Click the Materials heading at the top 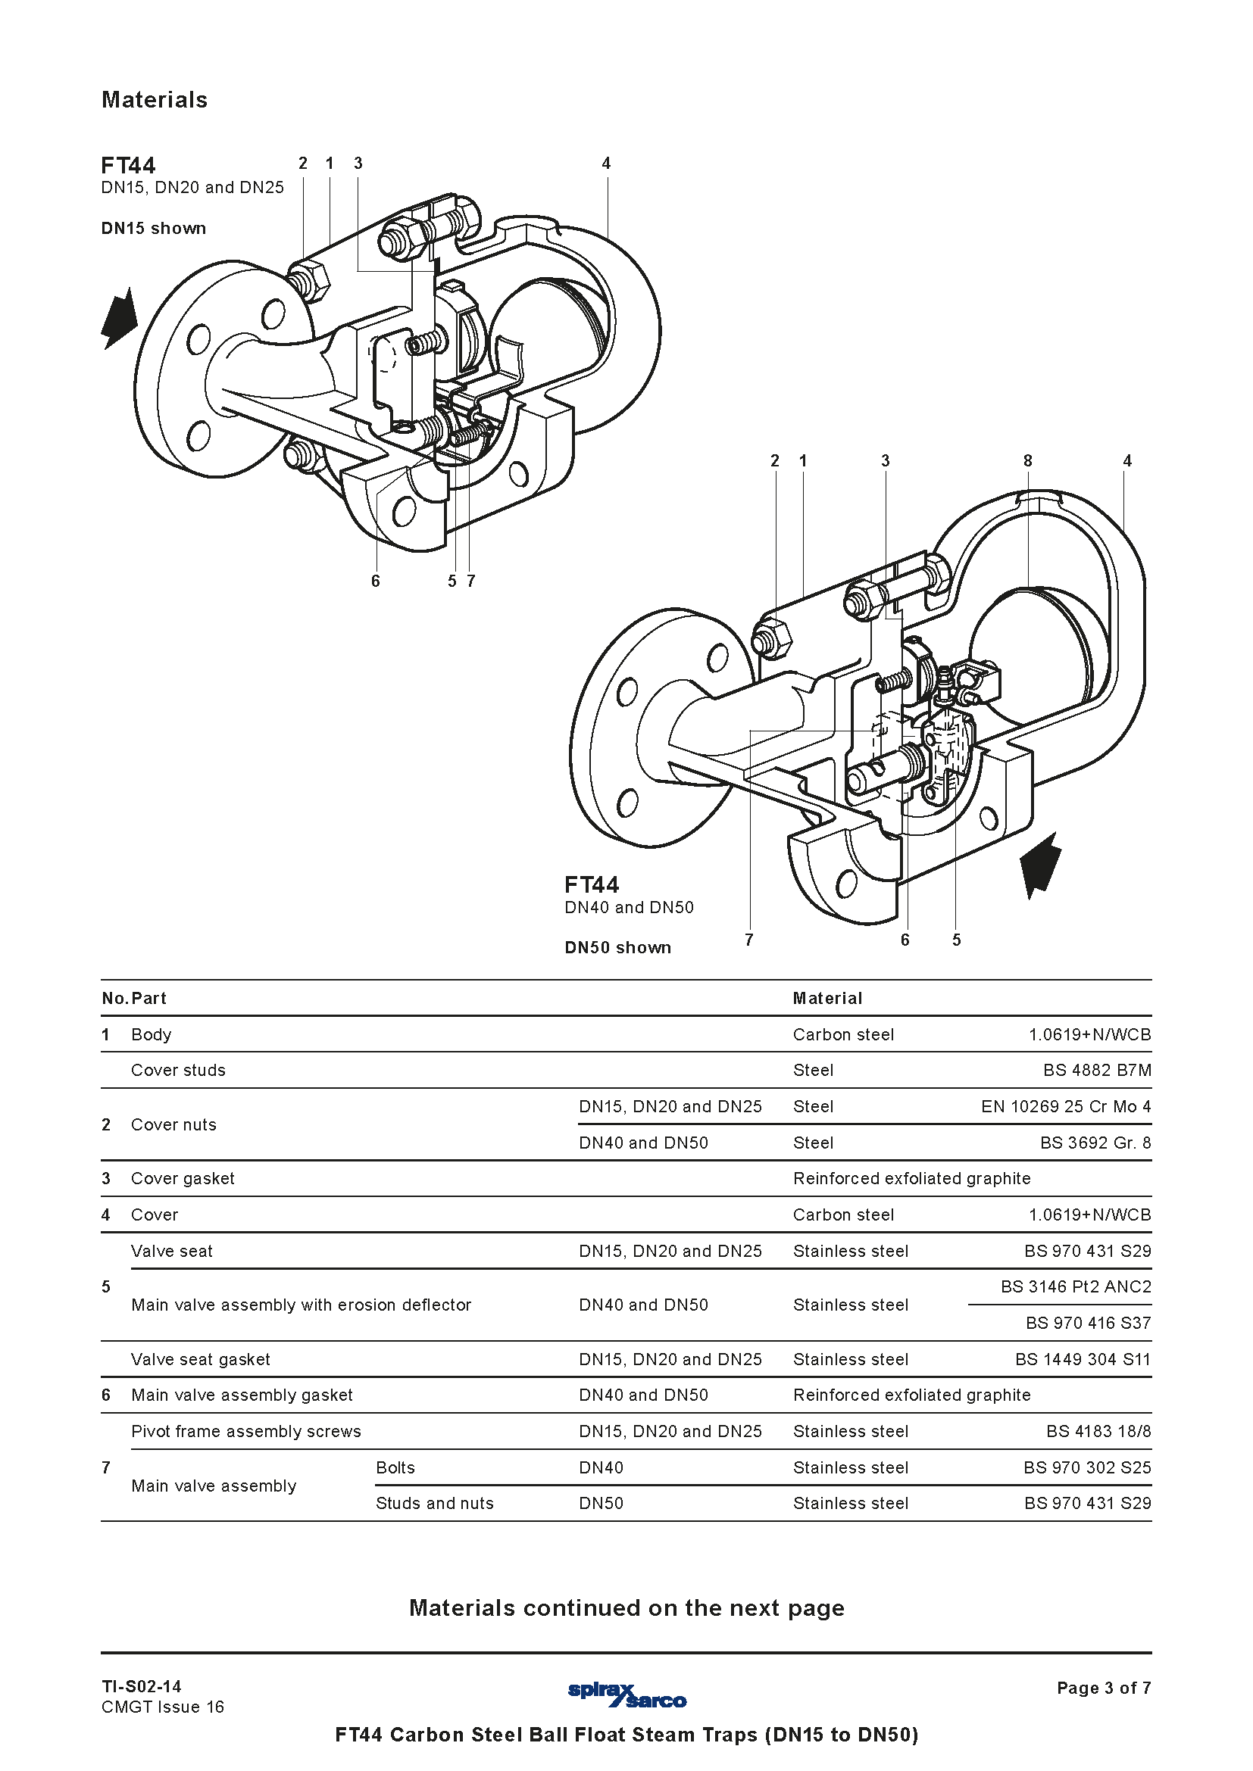tap(155, 99)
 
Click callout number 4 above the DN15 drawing tap(607, 163)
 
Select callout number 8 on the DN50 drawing tap(1028, 460)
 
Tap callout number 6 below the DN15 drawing tap(376, 581)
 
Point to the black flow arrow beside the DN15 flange tap(119, 318)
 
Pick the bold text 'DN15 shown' tap(154, 229)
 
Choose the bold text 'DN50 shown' tap(618, 947)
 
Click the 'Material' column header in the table tap(828, 998)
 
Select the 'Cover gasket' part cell tap(183, 1178)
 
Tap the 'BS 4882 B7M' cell tap(1097, 1070)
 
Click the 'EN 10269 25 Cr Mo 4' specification tap(1067, 1106)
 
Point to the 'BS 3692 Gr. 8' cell tap(1095, 1143)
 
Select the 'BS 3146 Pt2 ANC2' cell tap(1076, 1286)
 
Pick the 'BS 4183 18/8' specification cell tap(1098, 1431)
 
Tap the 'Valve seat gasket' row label tap(201, 1359)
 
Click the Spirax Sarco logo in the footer tap(627, 1695)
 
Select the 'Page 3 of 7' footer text tap(1104, 1688)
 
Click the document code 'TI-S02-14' tap(141, 1686)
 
